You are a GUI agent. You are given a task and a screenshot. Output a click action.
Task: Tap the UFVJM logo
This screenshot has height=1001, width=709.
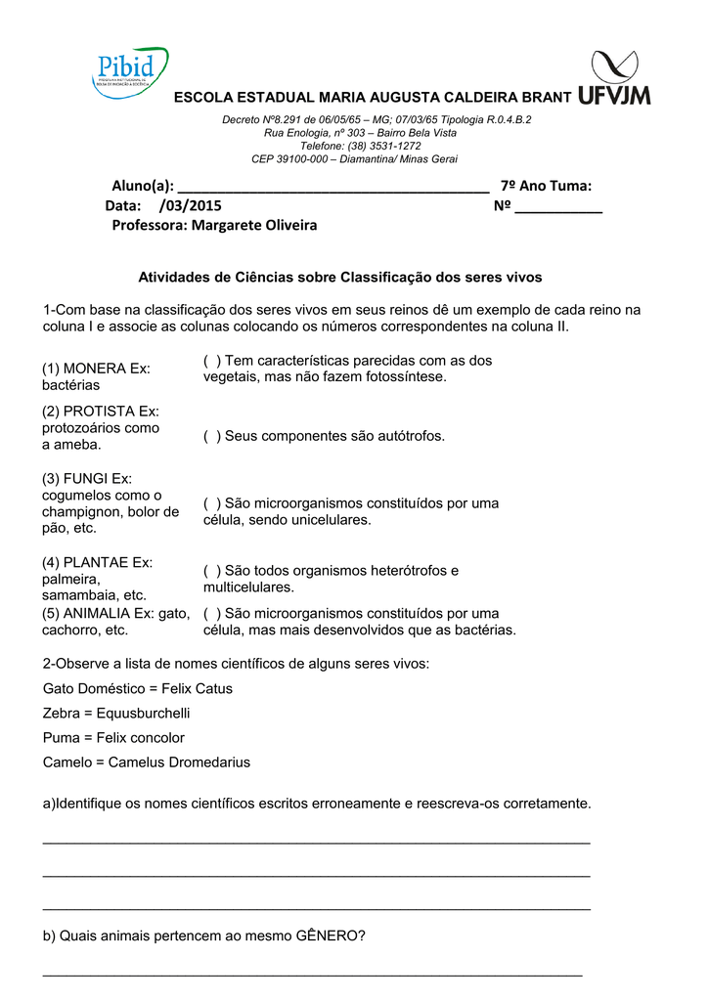point(613,78)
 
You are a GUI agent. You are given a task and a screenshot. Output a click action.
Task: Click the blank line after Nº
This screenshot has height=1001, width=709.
point(558,207)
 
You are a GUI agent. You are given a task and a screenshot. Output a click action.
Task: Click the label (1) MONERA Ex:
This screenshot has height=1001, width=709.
point(96,369)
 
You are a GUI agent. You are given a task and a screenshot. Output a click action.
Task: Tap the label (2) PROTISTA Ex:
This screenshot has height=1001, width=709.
point(100,412)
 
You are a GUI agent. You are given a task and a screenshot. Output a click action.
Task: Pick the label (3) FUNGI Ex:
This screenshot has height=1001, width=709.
point(86,478)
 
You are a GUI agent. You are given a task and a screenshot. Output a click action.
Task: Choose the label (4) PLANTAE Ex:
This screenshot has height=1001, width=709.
point(97,562)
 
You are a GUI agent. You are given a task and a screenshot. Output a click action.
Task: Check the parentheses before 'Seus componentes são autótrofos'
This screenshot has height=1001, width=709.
point(211,436)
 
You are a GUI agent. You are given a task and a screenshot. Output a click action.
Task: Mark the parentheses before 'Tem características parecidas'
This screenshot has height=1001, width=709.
point(211,361)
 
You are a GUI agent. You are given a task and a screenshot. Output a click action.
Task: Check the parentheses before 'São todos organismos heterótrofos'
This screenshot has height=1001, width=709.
point(211,570)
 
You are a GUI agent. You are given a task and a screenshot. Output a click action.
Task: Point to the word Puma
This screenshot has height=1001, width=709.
point(60,737)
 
